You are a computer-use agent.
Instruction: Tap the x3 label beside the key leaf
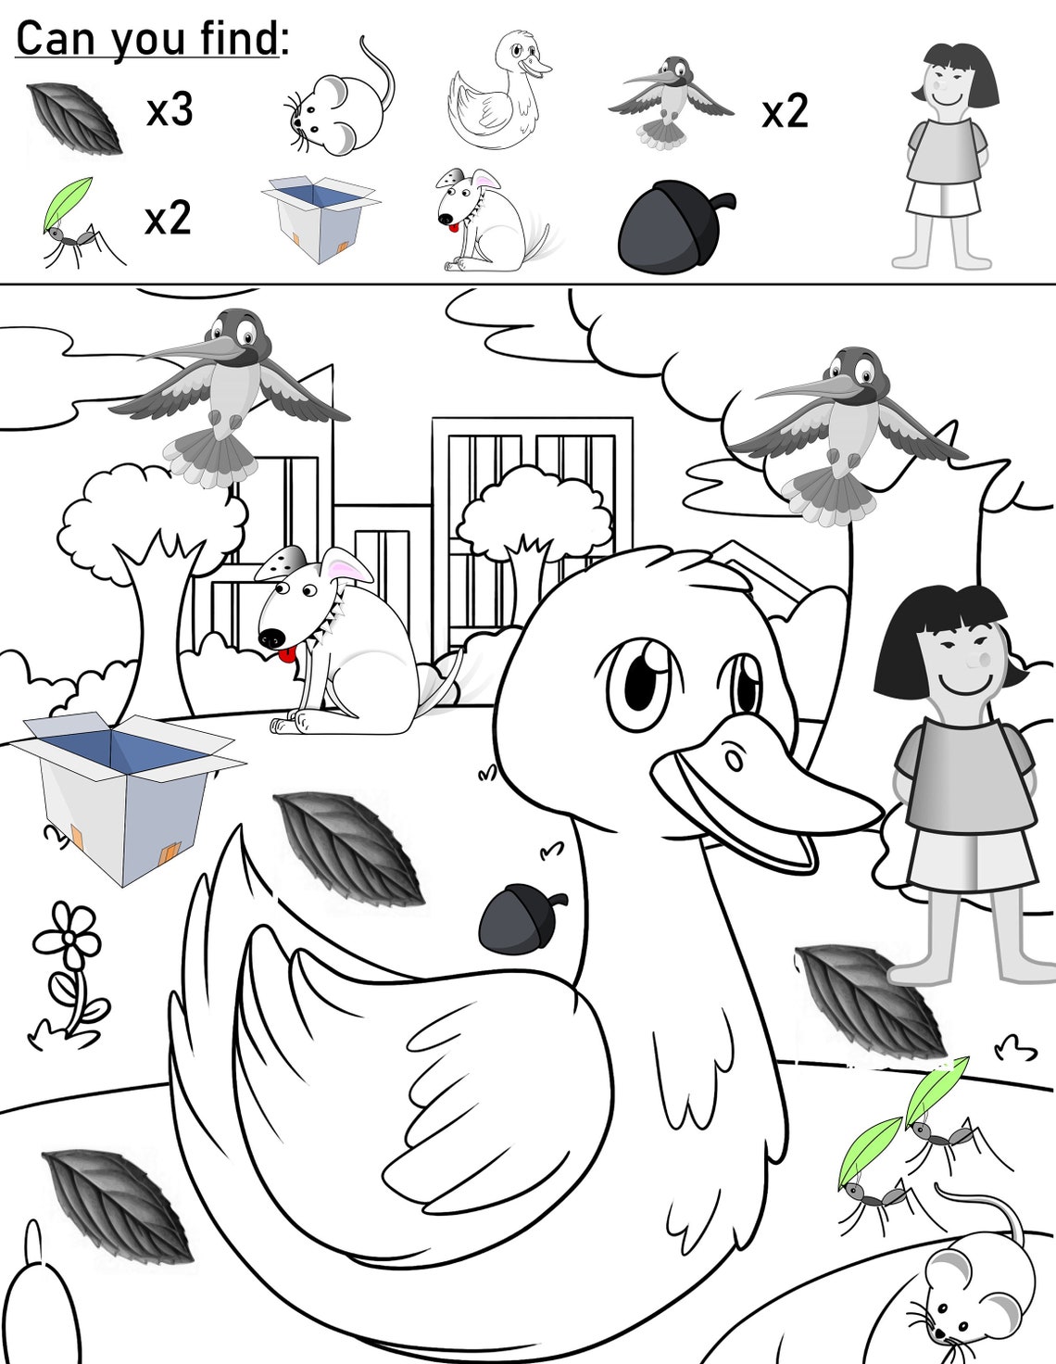coord(170,110)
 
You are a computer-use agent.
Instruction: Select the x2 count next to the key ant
coord(168,219)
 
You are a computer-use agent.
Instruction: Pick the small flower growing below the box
coord(68,973)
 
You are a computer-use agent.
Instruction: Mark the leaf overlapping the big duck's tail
coord(348,849)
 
